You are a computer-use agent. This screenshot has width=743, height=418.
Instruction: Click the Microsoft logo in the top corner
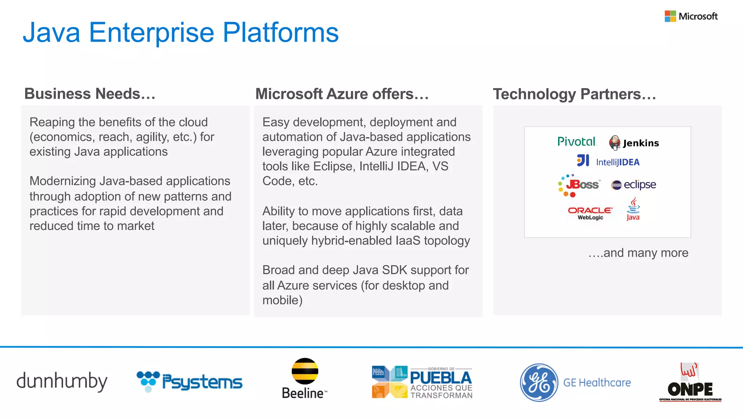pos(691,16)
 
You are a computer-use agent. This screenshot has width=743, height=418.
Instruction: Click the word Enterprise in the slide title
pos(151,33)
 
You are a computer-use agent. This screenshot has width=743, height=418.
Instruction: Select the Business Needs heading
pos(90,94)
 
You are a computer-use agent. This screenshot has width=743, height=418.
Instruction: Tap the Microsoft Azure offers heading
pos(342,94)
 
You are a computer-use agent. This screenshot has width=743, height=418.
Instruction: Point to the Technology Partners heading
pos(574,94)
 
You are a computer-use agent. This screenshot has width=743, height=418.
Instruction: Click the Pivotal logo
pos(576,142)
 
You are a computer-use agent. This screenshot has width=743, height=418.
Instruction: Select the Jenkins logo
pos(634,143)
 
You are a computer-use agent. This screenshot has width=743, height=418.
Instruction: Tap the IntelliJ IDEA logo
pos(608,161)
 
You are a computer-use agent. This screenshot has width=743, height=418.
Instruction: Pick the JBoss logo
pos(579,185)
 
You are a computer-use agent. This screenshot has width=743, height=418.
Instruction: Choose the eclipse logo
pos(633,185)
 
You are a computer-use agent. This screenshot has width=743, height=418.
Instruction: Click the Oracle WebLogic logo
pos(590,213)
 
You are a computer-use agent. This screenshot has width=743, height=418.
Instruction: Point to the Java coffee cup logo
pos(633,209)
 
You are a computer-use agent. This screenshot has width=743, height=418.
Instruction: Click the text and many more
pos(638,253)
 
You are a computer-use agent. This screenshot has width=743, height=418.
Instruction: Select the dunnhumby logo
pos(62,381)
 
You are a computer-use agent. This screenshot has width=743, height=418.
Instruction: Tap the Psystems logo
pos(189,381)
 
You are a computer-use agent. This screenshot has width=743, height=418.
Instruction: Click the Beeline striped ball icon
pos(305,371)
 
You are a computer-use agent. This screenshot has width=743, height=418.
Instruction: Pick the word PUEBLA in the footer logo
pos(440,378)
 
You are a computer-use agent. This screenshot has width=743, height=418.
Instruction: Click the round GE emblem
pos(539,382)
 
